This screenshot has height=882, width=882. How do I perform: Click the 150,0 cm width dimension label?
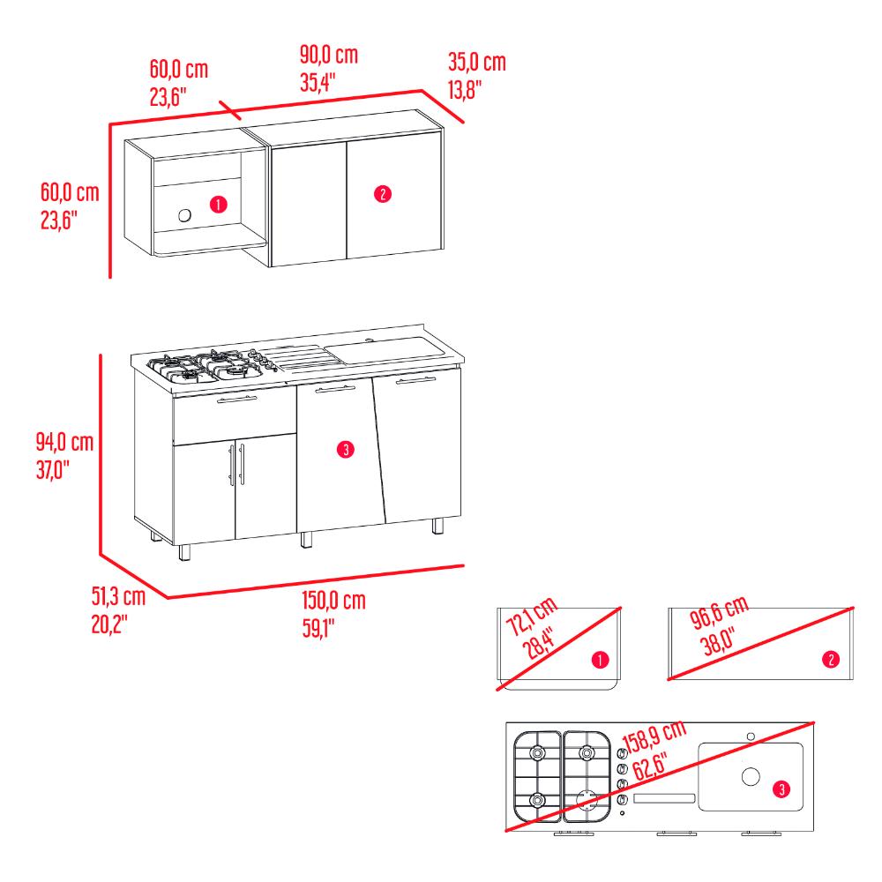[333, 601]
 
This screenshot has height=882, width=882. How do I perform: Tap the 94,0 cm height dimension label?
[64, 442]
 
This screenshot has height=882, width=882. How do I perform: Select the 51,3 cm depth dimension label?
[118, 596]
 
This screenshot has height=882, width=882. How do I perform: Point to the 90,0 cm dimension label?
[328, 55]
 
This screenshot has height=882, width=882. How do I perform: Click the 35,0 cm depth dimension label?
[477, 62]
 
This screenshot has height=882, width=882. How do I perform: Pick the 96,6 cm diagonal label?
[720, 611]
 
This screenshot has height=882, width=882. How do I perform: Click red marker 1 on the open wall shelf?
[218, 205]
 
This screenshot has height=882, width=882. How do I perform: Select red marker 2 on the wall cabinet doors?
[383, 194]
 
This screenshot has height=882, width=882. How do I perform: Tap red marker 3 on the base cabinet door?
[346, 450]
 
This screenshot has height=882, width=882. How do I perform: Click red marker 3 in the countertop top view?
[781, 789]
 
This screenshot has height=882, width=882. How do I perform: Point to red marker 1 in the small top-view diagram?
[600, 660]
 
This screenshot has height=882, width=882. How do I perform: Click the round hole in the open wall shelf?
[184, 215]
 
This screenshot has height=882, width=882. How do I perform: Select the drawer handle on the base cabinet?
[236, 400]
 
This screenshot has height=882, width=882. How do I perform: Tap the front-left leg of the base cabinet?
[184, 552]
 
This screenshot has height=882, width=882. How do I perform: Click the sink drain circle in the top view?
[751, 776]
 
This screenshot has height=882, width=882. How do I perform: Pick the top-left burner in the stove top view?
[537, 752]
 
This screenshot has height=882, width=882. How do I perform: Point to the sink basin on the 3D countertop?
[385, 349]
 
